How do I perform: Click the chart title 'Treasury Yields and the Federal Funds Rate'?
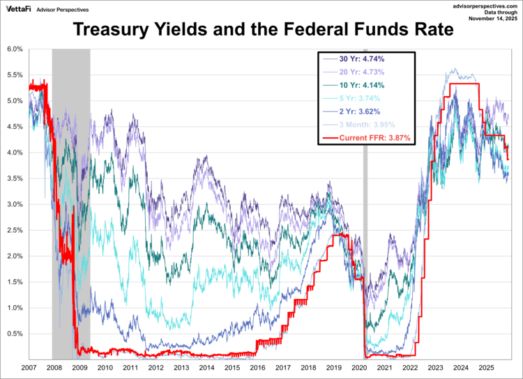point(261,31)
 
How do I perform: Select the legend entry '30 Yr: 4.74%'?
point(366,59)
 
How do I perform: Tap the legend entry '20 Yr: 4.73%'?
point(366,72)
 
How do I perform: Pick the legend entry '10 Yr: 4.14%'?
point(366,85)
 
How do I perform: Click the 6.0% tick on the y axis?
point(15,49)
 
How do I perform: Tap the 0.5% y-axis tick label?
point(15,334)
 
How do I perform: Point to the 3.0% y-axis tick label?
point(15,204)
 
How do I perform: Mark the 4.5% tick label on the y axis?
point(15,127)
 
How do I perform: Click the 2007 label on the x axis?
point(29,366)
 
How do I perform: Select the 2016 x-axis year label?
point(257,366)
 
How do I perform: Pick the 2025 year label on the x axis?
point(486,366)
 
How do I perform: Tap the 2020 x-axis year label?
point(359,366)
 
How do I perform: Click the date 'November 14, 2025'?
point(492,20)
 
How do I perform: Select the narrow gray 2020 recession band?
point(365,209)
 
